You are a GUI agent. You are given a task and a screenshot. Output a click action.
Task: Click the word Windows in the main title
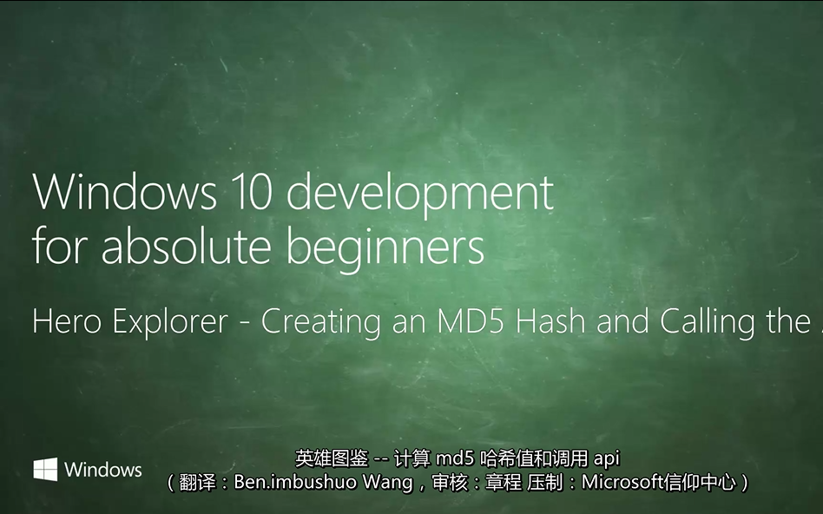[114, 192]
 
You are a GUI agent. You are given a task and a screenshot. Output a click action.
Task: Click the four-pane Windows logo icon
[45, 470]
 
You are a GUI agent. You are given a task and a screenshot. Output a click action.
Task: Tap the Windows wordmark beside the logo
[102, 470]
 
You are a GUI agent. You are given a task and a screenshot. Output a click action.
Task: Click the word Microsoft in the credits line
[620, 482]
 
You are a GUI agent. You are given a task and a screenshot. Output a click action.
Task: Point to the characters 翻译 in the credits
[195, 482]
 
